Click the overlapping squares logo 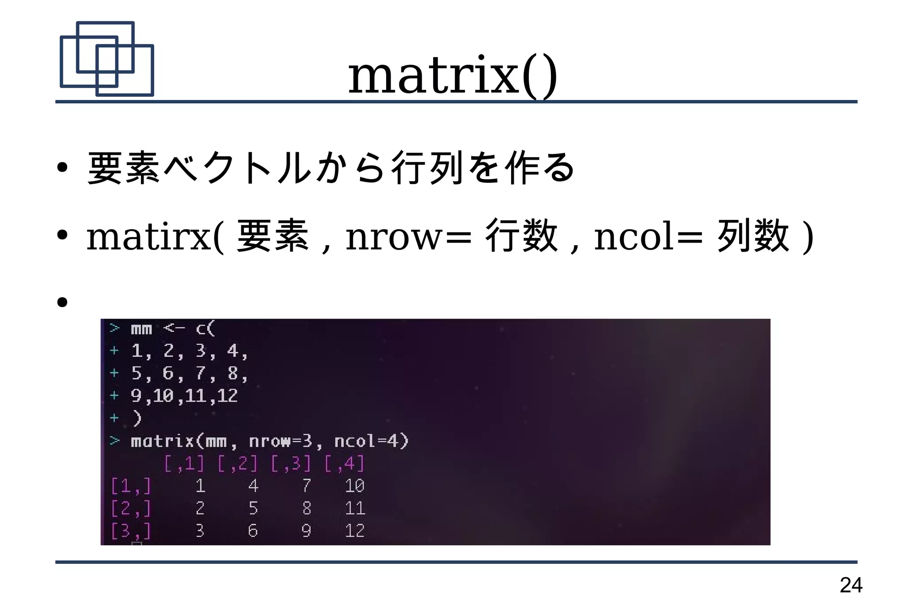coord(107,59)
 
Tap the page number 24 coord(851,585)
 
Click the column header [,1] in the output coord(184,463)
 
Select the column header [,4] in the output coord(345,463)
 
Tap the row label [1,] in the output coord(131,486)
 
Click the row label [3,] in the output coord(131,531)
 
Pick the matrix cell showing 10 coord(355,486)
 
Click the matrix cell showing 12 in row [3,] coord(355,531)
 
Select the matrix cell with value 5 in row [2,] coord(253,508)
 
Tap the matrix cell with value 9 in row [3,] coord(306,531)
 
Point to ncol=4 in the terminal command coord(371,441)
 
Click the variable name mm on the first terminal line coord(141,329)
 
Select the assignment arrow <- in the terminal coord(174,328)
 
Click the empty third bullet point coord(62,302)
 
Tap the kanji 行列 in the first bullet coord(427,168)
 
